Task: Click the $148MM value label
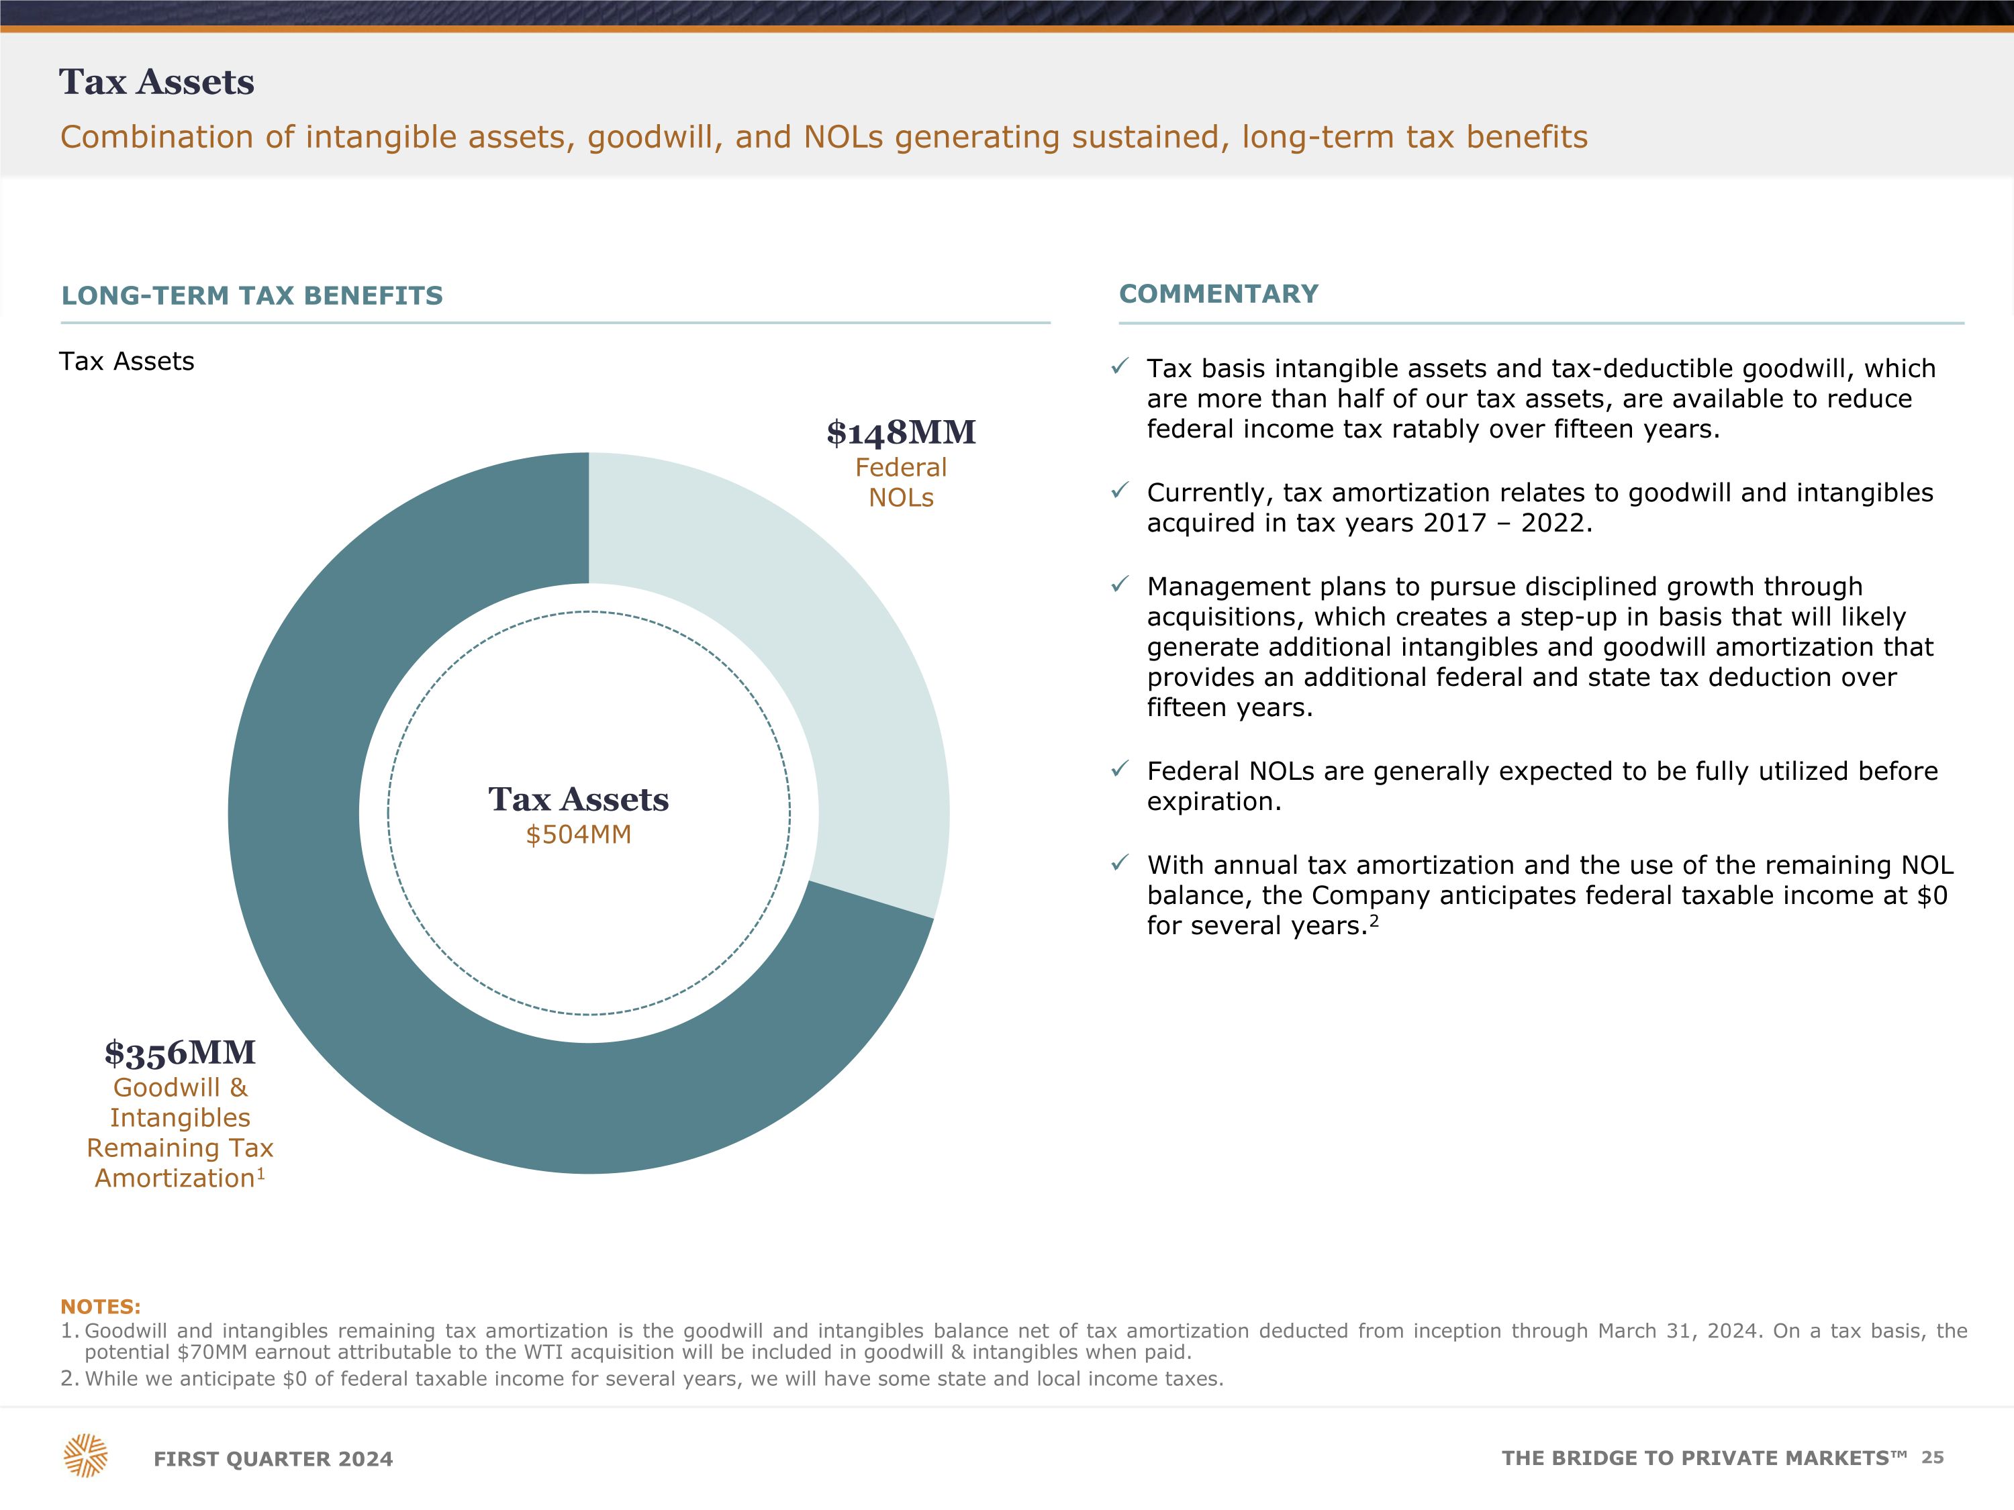click(x=900, y=432)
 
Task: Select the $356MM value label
click(x=181, y=1053)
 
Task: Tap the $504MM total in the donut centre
click(x=578, y=835)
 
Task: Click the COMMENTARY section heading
click(x=1218, y=294)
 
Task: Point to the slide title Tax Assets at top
click(x=156, y=82)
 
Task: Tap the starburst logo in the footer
click(x=85, y=1456)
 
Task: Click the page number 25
click(x=1932, y=1457)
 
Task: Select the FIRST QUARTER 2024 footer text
click(x=273, y=1459)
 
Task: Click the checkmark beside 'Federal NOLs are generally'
click(x=1120, y=770)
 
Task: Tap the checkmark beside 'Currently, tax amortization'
click(x=1120, y=491)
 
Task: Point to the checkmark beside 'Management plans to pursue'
click(x=1120, y=585)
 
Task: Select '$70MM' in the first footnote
click(x=212, y=1352)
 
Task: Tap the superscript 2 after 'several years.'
click(x=1374, y=920)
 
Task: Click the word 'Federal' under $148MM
click(x=900, y=468)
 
